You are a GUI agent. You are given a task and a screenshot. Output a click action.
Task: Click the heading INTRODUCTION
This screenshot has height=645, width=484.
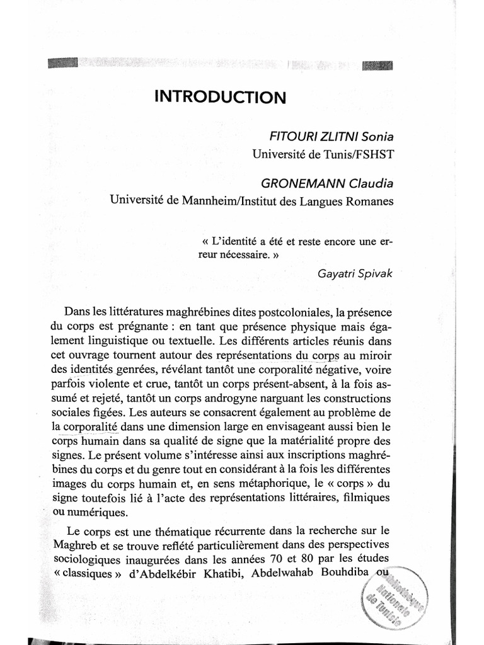click(x=221, y=98)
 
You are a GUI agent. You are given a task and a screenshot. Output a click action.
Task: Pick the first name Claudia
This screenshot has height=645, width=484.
click(x=371, y=183)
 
